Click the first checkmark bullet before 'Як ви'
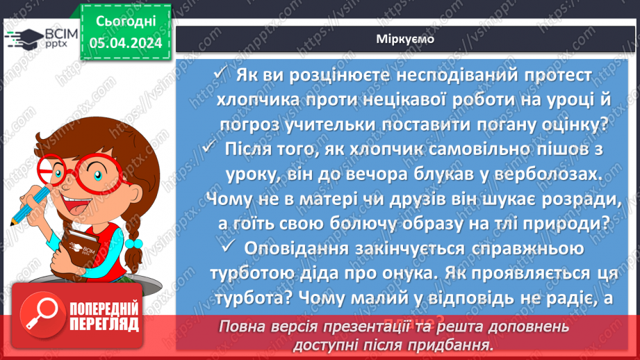(220, 74)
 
